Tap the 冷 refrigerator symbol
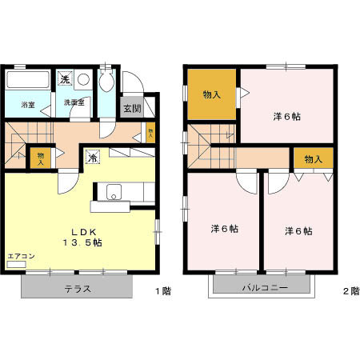94,157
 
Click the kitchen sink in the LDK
113,192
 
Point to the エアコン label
21,257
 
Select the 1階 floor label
162,290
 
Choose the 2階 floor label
350,290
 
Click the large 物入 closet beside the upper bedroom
211,94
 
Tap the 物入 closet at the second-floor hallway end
313,158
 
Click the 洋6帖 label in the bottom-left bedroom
225,229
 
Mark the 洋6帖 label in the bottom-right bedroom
298,230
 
